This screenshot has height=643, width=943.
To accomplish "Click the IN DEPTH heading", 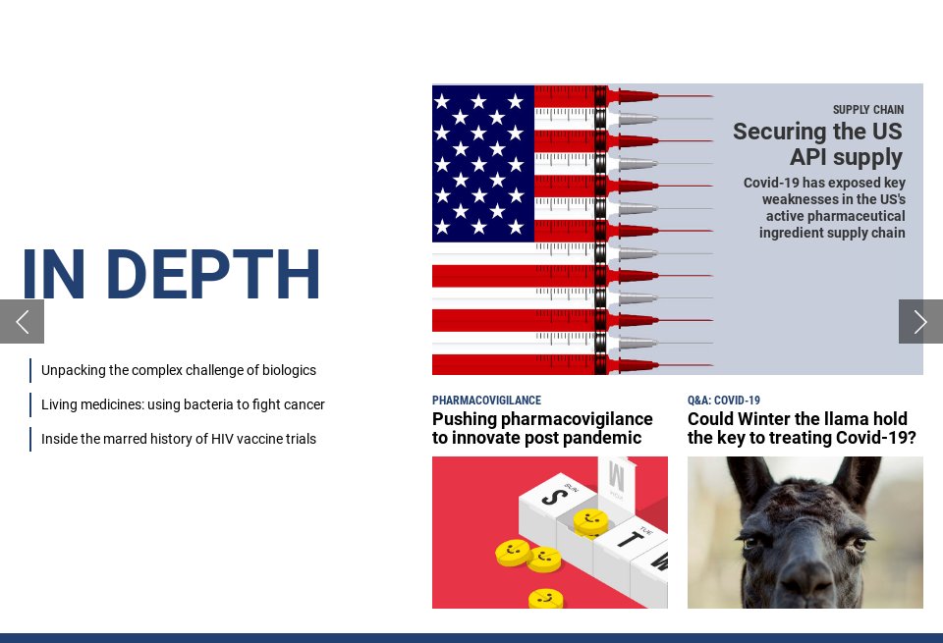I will pos(171,275).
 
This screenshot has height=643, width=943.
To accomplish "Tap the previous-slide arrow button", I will pos(22,322).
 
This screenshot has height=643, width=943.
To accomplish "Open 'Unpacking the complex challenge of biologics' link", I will pos(179,370).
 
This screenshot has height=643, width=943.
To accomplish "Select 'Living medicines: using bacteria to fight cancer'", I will pos(183,404).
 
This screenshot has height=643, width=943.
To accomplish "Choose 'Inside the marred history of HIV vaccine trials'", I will pos(179,439).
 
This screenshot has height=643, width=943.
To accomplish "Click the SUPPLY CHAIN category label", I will pos(867,110).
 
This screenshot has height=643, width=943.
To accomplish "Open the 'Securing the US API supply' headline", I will pos(817,144).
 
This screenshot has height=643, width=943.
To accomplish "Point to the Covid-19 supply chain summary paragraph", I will pos(824,208).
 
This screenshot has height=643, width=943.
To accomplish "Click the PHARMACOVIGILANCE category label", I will pos(486,401).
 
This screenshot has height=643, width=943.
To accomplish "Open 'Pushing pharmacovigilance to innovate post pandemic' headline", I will pos(542,429).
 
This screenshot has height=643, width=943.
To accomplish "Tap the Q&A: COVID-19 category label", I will pos(724,401).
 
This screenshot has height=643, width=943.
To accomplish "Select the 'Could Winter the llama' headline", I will pos(802,429).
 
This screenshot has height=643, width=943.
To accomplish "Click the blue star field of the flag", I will pos(482,163).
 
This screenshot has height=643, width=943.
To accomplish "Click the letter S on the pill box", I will pos(554,497).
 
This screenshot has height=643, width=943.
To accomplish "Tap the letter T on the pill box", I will pos(626,537).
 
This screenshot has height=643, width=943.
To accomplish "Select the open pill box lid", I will pos(619,480).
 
